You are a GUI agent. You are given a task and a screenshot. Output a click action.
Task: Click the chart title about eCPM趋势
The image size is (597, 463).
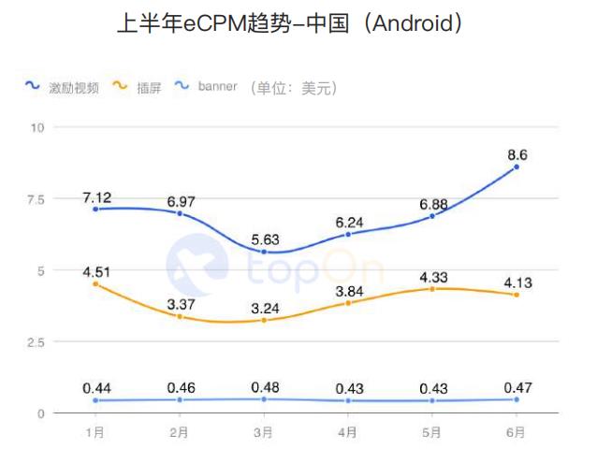(298, 23)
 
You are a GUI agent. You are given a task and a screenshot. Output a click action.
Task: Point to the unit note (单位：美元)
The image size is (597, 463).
(292, 87)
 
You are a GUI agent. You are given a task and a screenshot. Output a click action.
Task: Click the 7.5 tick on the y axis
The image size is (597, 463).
(36, 199)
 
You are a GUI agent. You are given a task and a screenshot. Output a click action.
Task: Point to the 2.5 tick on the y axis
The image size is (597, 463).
(36, 342)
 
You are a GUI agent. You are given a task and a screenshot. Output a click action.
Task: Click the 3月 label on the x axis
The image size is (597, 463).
(263, 432)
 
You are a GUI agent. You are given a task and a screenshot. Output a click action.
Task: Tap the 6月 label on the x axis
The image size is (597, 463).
(516, 432)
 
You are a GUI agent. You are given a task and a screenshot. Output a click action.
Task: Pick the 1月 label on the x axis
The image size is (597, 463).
(95, 432)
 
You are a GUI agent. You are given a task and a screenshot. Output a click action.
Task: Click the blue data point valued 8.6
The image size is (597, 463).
(516, 166)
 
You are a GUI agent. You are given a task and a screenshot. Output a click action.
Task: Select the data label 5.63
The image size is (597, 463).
(264, 237)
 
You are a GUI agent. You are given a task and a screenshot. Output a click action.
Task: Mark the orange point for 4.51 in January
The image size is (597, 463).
(95, 283)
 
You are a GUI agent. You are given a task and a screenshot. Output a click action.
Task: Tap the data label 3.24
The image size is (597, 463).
(264, 305)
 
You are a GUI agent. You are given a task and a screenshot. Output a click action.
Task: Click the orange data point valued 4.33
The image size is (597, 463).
(431, 289)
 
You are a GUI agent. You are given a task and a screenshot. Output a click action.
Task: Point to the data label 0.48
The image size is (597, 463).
(264, 385)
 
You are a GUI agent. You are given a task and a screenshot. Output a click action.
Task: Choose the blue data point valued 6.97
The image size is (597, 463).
(180, 213)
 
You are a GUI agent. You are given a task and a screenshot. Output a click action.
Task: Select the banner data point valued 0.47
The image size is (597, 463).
(516, 399)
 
